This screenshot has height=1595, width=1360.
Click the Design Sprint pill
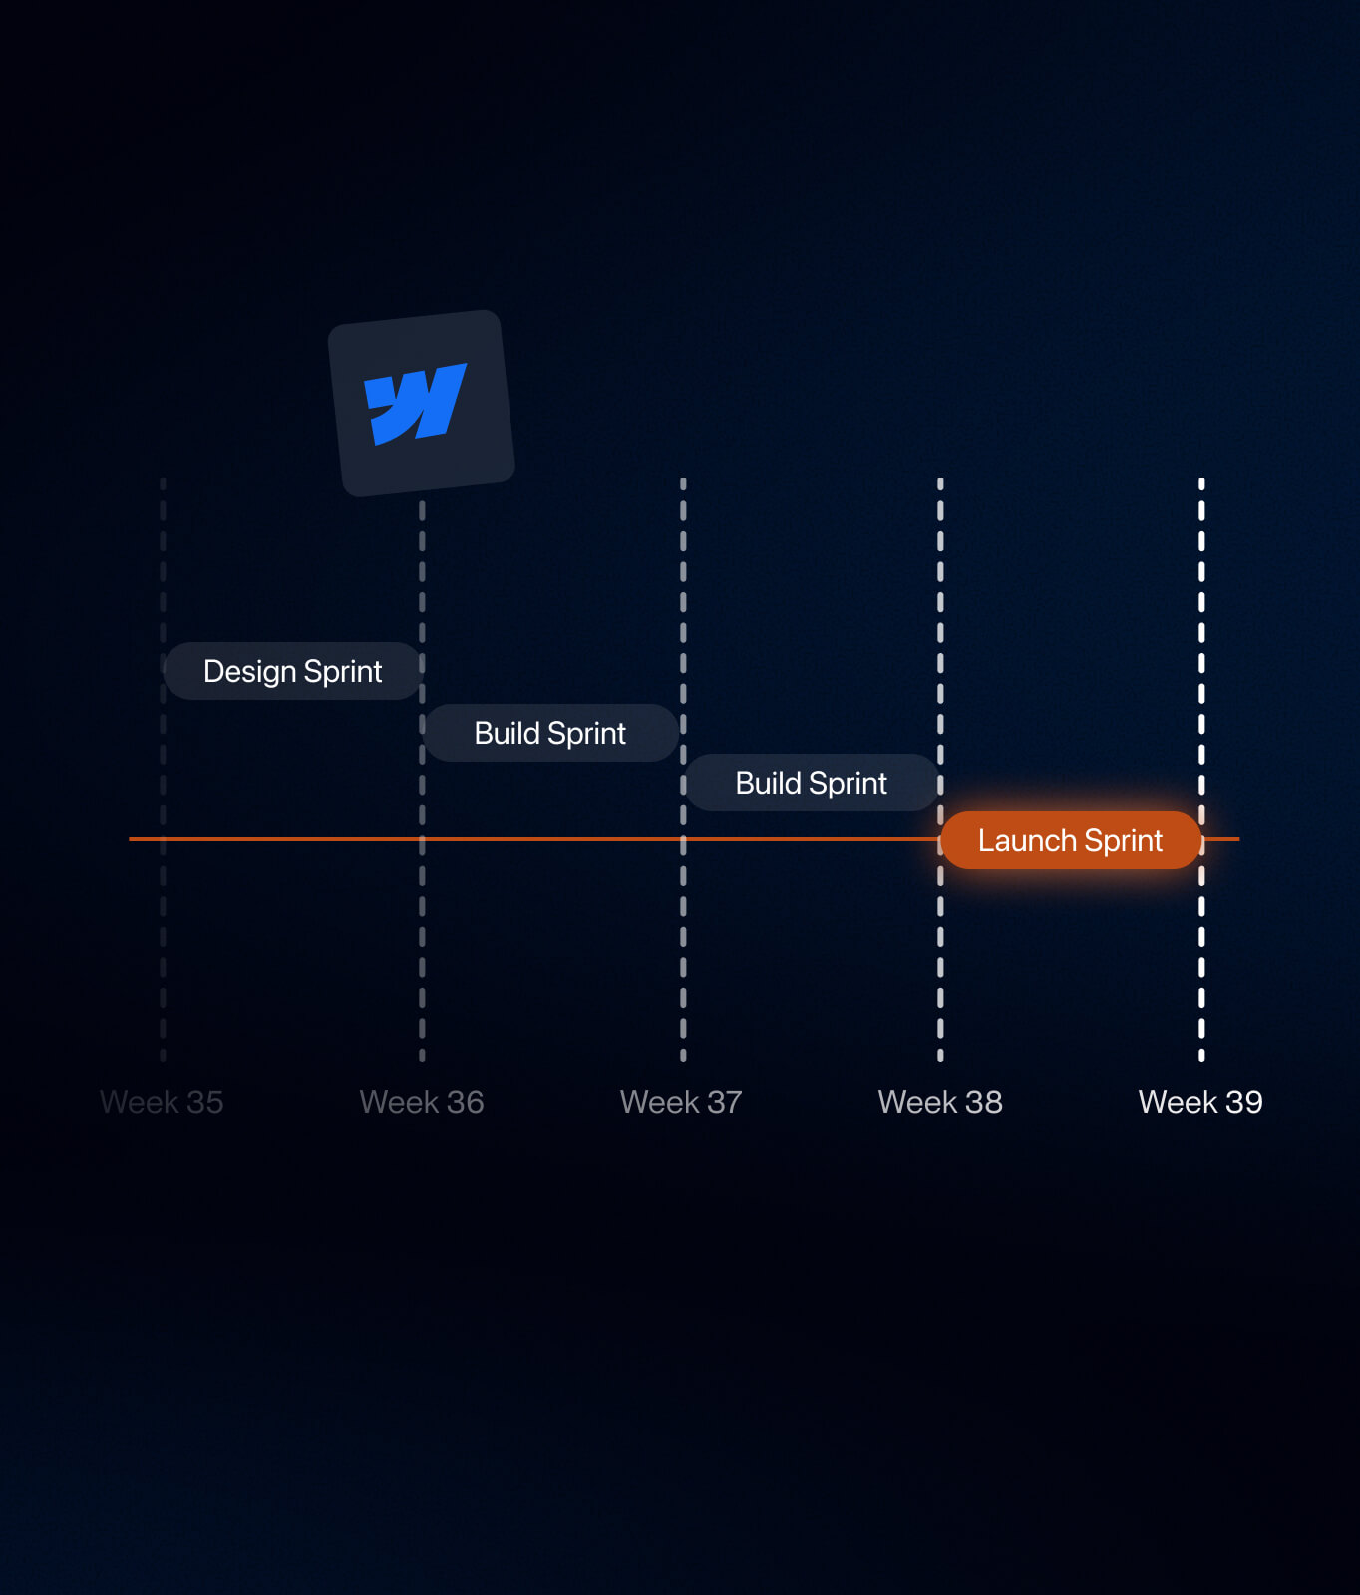[x=292, y=671]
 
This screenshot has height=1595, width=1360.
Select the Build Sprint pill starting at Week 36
[x=550, y=733]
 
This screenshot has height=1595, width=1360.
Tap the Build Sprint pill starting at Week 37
[x=811, y=783]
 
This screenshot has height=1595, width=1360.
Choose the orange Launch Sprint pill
[x=1070, y=840]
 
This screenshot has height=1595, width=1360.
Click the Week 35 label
[x=162, y=1102]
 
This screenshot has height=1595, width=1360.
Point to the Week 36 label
[x=422, y=1102]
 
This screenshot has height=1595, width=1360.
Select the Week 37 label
[x=681, y=1102]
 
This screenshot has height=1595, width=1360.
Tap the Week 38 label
[x=940, y=1102]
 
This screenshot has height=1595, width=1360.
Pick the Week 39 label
[x=1200, y=1102]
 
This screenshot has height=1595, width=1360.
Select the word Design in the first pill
[x=250, y=672]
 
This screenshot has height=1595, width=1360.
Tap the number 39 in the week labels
[x=1244, y=1102]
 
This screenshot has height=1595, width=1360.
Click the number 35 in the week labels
[x=204, y=1102]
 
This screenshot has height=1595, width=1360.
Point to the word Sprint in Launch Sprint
[x=1124, y=841]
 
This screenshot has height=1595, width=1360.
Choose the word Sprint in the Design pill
[x=343, y=672]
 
